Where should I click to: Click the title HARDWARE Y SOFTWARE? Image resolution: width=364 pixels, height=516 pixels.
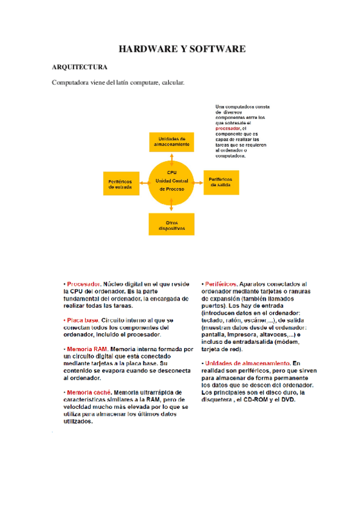pos(182,49)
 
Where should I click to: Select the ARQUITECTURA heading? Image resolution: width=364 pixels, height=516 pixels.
pos(80,66)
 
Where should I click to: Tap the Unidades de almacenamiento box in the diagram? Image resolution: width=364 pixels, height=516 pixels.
pos(172,142)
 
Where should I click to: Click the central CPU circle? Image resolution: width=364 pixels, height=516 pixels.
pos(172,181)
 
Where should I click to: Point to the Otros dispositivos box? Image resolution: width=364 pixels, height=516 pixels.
pos(172,224)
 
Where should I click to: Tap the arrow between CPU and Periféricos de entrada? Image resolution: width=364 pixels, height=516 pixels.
pos(144,181)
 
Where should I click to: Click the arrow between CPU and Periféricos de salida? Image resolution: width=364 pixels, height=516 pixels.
pos(199,181)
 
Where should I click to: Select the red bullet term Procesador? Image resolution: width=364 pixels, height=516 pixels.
pos(83,284)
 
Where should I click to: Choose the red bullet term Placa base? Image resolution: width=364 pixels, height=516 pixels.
pos(83,320)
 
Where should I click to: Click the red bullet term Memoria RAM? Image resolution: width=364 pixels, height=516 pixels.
pos(86,349)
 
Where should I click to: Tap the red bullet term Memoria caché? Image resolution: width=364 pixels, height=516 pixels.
pos(88,392)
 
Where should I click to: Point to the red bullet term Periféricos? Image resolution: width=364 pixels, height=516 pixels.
pos(221,284)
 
